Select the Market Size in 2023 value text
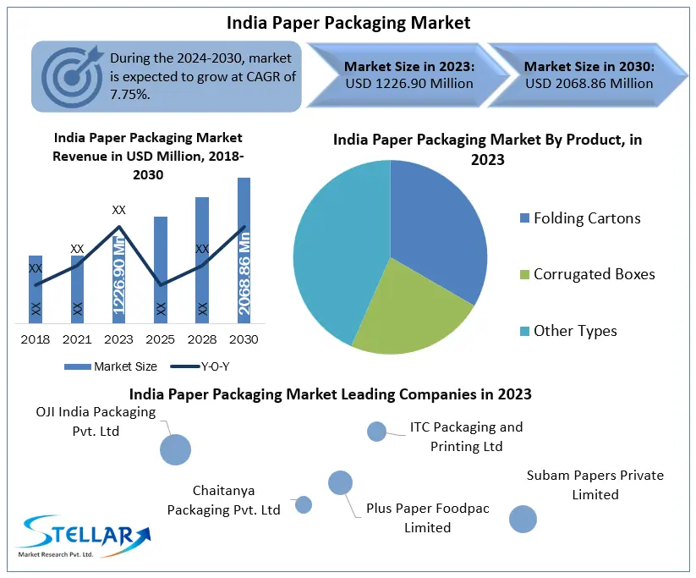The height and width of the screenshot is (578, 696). (408, 84)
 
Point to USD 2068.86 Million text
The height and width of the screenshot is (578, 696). (589, 84)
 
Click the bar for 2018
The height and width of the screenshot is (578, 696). (36, 288)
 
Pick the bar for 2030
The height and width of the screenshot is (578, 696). (244, 250)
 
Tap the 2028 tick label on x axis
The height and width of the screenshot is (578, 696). (202, 339)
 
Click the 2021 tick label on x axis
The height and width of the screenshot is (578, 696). (77, 339)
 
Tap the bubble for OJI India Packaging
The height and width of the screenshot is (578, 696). (176, 449)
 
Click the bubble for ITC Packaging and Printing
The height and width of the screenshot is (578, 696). (376, 432)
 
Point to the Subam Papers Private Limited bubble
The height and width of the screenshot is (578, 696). (523, 519)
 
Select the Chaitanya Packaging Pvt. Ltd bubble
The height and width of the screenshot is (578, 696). (304, 505)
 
